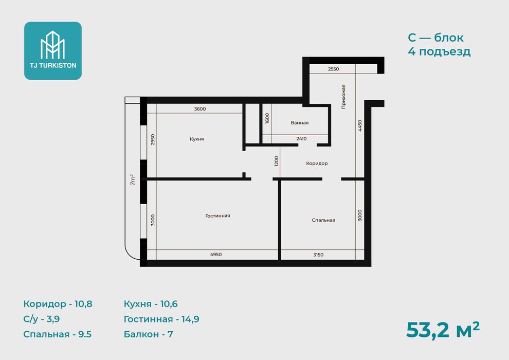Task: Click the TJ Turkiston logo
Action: tap(53, 50)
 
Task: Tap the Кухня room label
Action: tap(197, 139)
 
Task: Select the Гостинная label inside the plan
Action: tap(217, 215)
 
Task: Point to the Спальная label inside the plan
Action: tap(323, 220)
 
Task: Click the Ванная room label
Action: tap(300, 123)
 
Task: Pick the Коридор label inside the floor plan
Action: tap(317, 163)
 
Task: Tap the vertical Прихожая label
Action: tap(343, 97)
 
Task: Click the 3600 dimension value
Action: tap(200, 109)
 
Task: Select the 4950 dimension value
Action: tap(216, 255)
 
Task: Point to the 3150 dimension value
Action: tap(318, 255)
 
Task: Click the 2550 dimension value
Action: tap(333, 69)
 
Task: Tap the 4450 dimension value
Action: tap(360, 125)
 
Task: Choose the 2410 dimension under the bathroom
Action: tap(302, 139)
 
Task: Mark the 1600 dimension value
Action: tap(267, 118)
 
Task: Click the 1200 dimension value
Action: tap(276, 161)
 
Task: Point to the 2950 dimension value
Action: tap(153, 139)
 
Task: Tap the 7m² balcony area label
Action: tap(133, 180)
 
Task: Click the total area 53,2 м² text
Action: tap(443, 330)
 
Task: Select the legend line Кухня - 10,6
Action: tap(151, 304)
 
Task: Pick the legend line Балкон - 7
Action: tap(149, 334)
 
